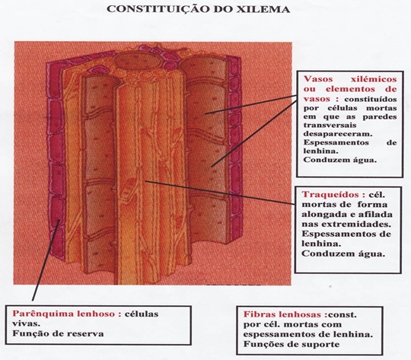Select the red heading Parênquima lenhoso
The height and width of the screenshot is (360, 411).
coord(67,314)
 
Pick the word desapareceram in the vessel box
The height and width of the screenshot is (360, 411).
coord(338,134)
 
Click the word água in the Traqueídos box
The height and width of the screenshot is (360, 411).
coord(371,253)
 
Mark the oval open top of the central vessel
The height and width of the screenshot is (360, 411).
coord(137,62)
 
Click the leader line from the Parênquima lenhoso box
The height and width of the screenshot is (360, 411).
coord(46,260)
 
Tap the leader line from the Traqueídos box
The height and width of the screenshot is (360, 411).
coord(220,193)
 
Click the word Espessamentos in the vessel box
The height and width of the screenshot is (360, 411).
coord(336,142)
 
